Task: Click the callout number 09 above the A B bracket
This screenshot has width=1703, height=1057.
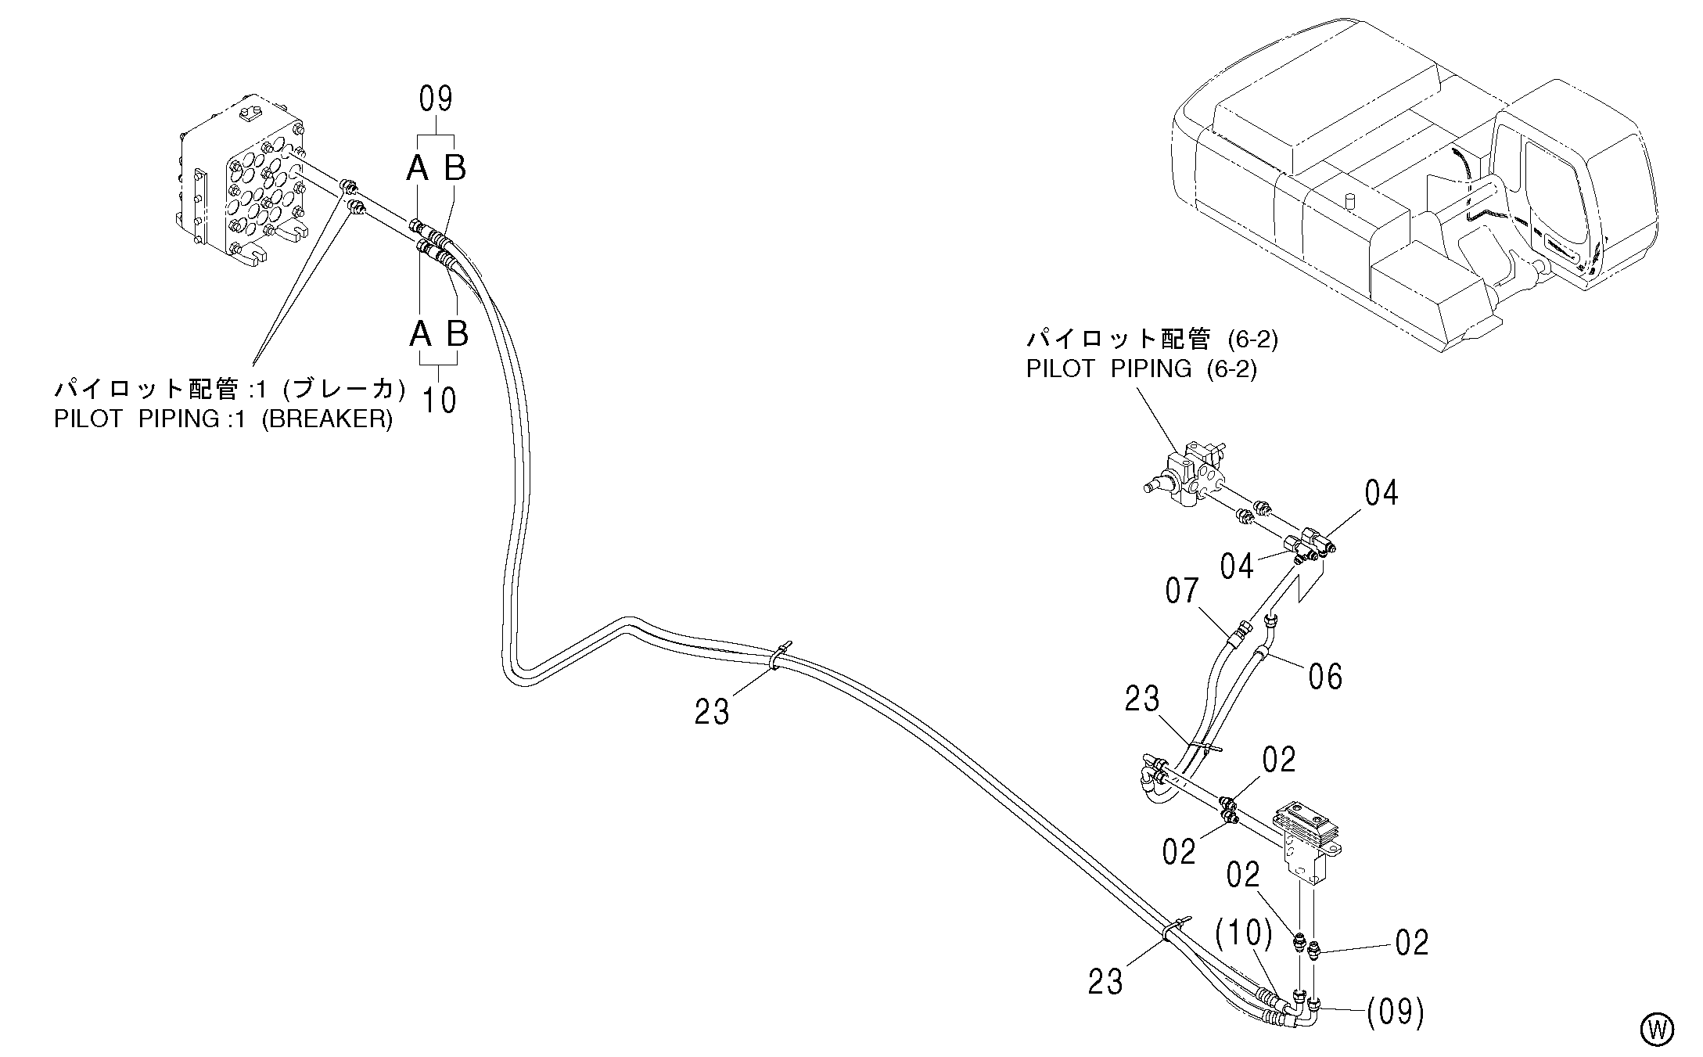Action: [x=437, y=99]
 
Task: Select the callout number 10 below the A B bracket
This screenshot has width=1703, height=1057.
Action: [x=439, y=400]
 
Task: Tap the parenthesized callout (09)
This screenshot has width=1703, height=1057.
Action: [x=1396, y=1013]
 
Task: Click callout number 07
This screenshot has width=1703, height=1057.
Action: [x=1181, y=591]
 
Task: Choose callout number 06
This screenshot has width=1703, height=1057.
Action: [x=1326, y=676]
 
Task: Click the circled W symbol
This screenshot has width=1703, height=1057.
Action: [x=1657, y=1030]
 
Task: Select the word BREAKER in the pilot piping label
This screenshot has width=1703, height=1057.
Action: [x=327, y=419]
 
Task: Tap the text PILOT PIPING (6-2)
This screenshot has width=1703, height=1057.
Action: [x=1141, y=369]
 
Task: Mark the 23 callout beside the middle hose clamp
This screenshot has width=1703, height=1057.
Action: [x=712, y=712]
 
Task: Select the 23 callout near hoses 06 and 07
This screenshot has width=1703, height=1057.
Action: [x=1142, y=699]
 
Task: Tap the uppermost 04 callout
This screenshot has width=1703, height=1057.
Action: [x=1381, y=493]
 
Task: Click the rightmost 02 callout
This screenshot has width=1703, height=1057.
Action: [x=1412, y=943]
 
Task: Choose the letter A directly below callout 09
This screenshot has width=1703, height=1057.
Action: [x=419, y=167]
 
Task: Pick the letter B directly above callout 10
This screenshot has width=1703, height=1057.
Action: [x=458, y=333]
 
